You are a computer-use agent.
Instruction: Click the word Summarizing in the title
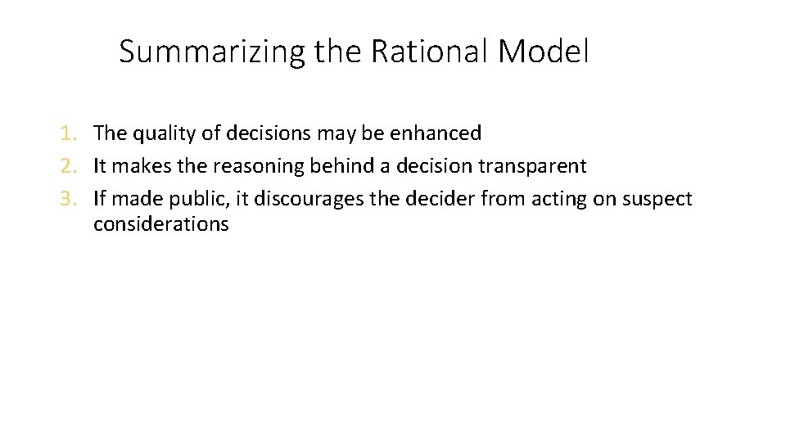(212, 52)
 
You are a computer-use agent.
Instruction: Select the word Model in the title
(544, 52)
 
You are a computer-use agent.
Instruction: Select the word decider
(440, 199)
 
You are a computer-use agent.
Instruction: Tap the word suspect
(658, 200)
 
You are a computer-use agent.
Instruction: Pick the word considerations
(160, 224)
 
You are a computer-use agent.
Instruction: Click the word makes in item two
(133, 166)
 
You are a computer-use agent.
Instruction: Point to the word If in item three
(99, 199)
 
